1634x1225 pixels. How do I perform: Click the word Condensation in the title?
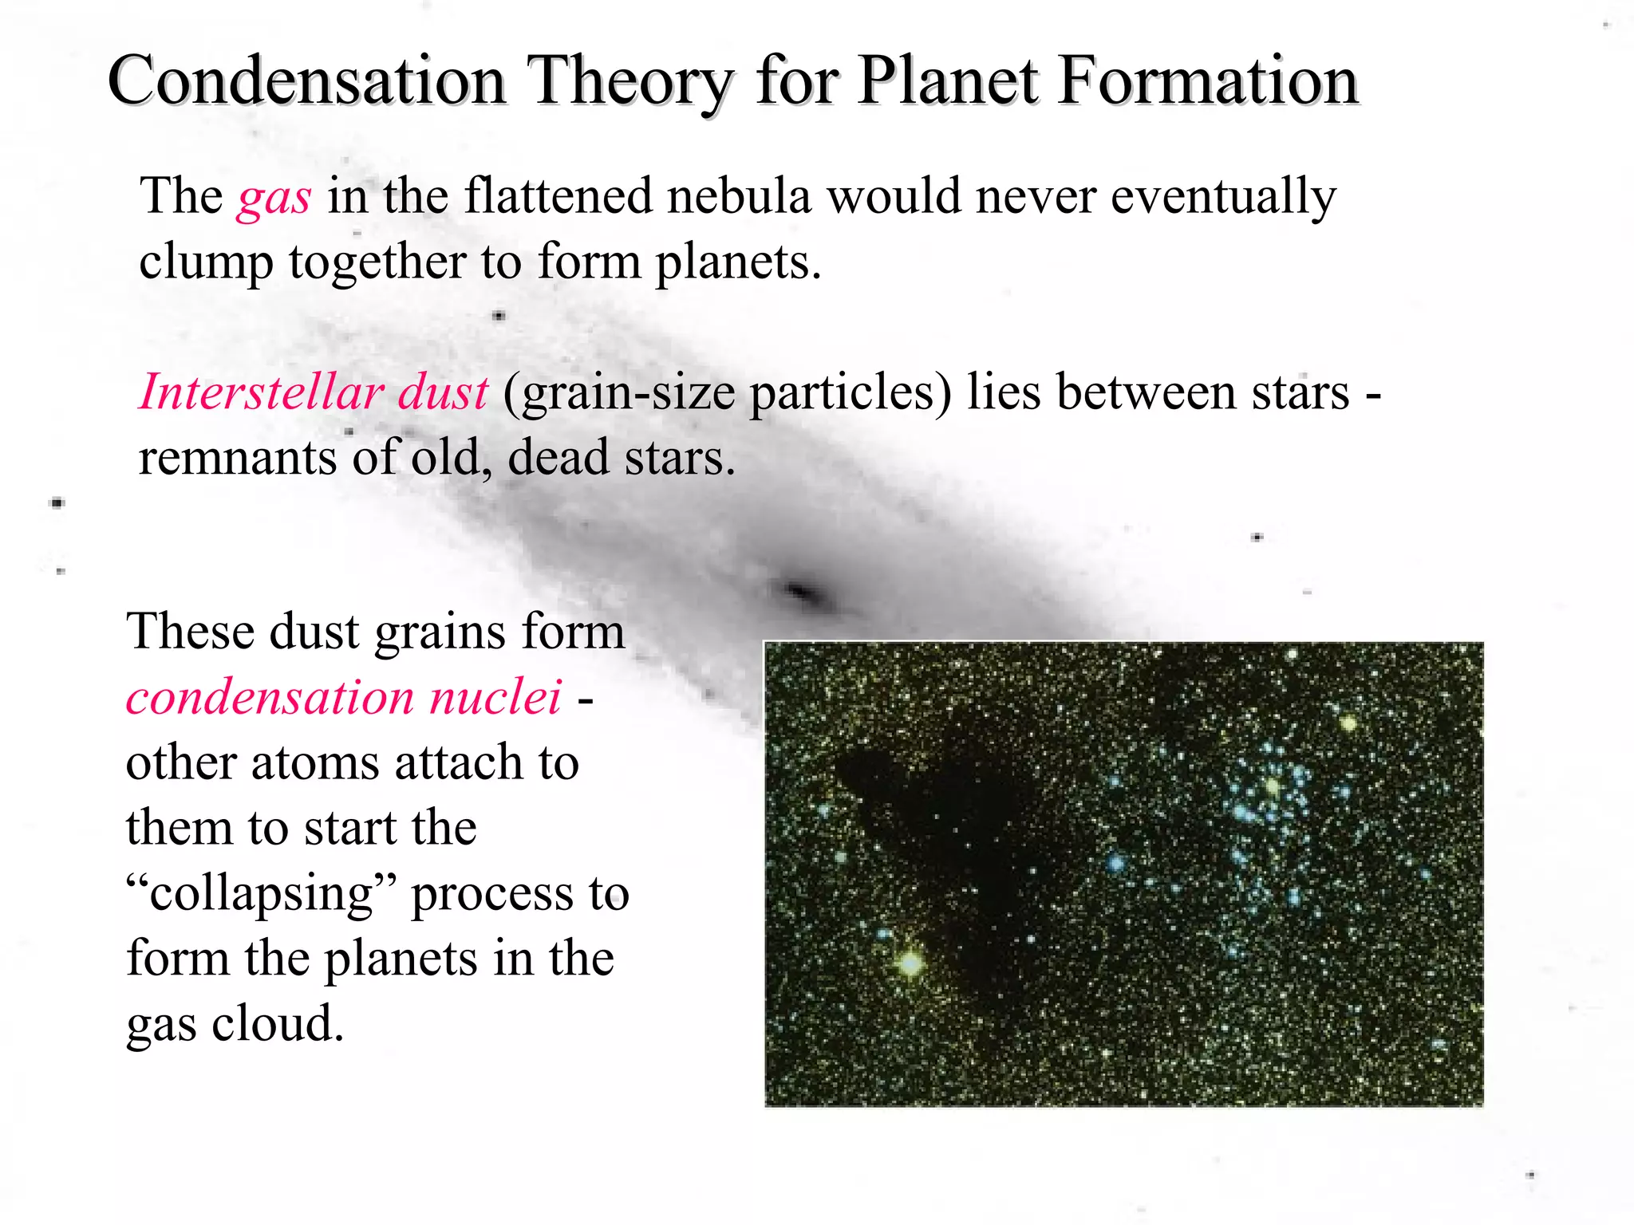click(x=306, y=81)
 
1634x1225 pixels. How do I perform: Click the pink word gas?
click(x=274, y=198)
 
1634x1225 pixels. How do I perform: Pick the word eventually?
click(x=1223, y=198)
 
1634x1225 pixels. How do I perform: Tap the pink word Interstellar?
click(x=260, y=392)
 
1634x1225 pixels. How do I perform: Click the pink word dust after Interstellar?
click(x=443, y=392)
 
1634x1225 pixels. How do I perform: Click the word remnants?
click(x=238, y=458)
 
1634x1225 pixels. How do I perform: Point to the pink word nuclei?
click(x=495, y=697)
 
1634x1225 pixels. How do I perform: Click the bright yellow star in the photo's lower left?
click(x=910, y=963)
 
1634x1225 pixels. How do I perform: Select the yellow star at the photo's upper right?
click(x=1348, y=724)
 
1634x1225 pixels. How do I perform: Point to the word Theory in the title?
click(x=630, y=83)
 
